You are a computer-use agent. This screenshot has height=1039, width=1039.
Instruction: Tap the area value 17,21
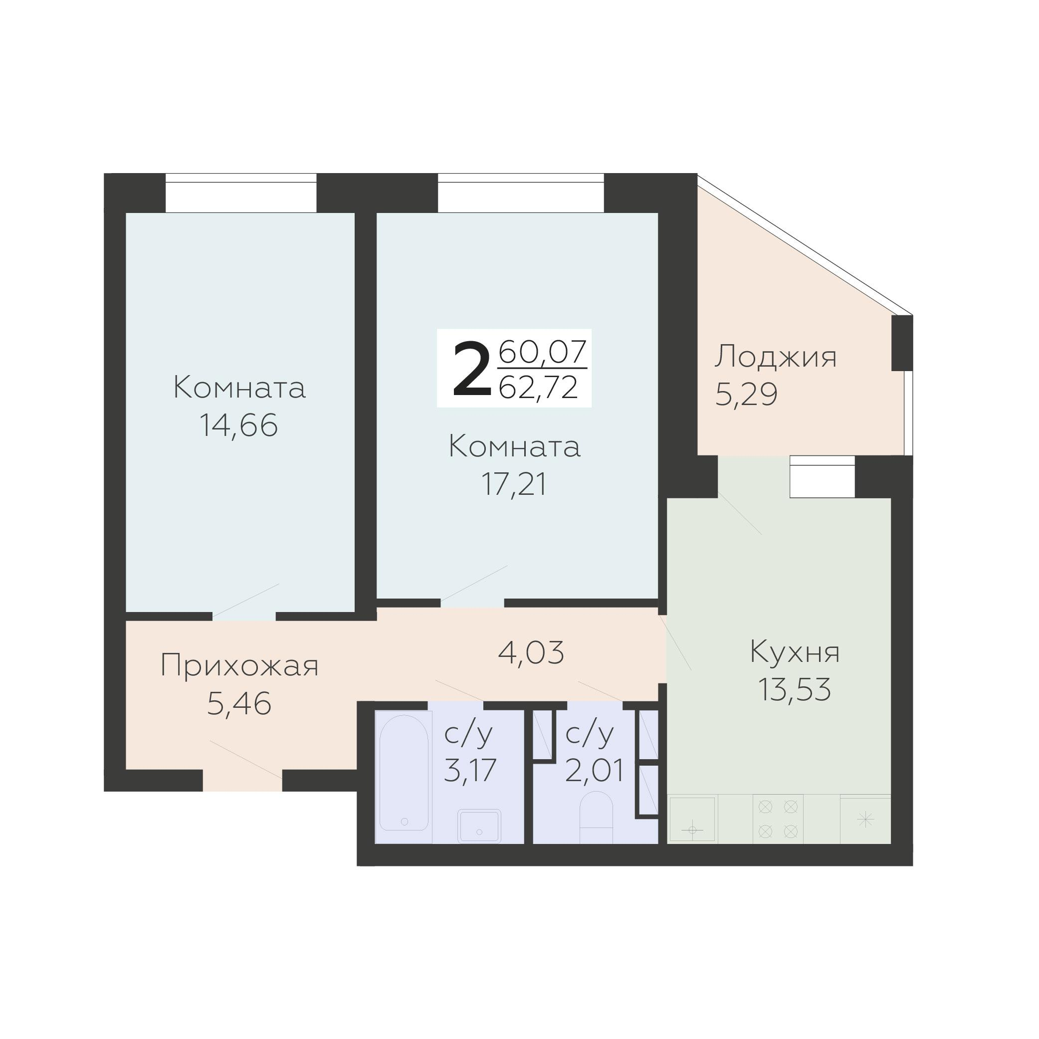point(514,484)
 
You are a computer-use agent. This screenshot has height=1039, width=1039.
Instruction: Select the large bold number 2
point(472,370)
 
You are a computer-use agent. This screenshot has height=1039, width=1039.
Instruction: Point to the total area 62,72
point(538,387)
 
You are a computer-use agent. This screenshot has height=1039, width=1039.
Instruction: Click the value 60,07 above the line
point(542,353)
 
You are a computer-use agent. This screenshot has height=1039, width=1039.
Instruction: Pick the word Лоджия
point(775,357)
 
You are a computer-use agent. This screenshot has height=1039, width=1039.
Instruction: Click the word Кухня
point(794,652)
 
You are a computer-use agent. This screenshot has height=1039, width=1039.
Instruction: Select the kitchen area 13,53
point(794,689)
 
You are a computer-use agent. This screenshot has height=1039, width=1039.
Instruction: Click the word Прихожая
point(239,666)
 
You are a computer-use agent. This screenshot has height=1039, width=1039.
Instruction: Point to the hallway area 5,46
point(239,704)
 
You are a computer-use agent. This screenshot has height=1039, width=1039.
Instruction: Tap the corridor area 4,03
point(531,653)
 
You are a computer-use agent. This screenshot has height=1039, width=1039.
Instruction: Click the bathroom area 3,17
point(469,770)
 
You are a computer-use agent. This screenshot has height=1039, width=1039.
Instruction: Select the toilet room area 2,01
point(594,770)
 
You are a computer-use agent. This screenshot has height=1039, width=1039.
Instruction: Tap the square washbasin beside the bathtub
point(479,826)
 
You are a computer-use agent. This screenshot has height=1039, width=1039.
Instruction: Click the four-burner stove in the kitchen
point(778,819)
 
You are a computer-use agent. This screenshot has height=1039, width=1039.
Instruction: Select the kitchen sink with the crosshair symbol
point(692,820)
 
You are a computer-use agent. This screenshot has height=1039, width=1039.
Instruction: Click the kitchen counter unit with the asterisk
point(865,820)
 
